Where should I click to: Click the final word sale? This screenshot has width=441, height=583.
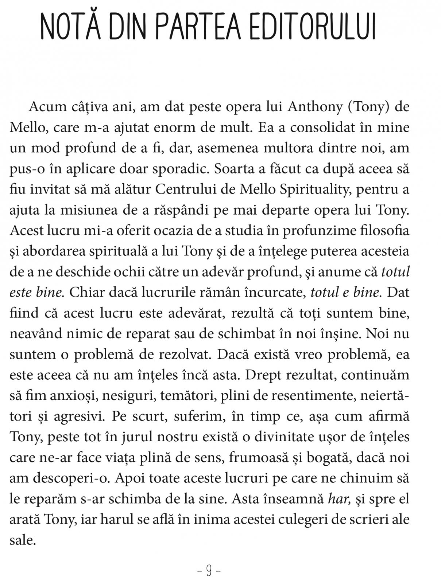click(23, 540)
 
